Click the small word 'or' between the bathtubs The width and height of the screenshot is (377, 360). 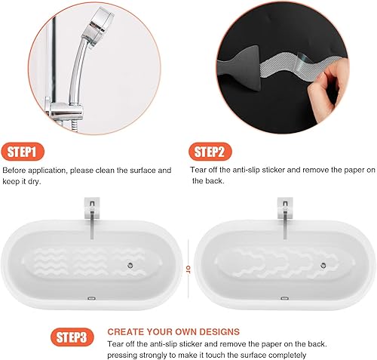188,268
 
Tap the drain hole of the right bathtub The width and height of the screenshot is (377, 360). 322,265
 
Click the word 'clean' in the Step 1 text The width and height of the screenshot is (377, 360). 114,171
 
